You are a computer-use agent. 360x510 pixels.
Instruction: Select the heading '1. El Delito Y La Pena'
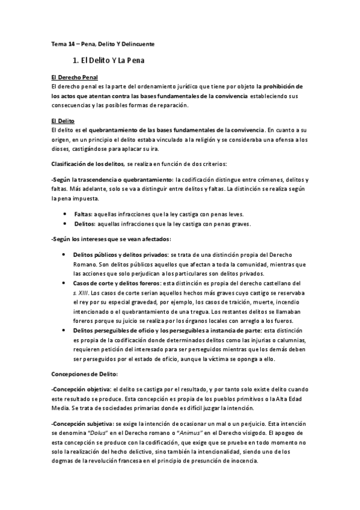(x=109, y=61)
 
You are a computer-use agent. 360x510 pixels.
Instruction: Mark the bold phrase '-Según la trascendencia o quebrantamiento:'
(x=112, y=180)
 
